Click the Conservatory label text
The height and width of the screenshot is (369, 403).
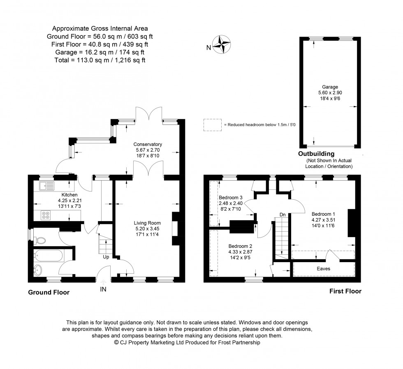tap(147, 144)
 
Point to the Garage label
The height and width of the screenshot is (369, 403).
tap(330, 87)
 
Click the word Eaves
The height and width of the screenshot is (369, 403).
tap(323, 269)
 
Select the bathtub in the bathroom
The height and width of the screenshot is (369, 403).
tap(49, 257)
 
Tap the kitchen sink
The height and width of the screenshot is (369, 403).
tap(47, 186)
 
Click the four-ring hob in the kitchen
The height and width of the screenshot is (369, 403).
tap(46, 214)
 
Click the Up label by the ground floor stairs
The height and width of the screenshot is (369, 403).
tap(106, 258)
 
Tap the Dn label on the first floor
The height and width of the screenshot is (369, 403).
tap(283, 214)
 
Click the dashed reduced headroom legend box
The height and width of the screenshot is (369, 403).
tap(212, 125)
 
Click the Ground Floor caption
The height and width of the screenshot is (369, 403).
tap(49, 293)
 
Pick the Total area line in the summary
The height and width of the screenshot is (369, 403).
tap(100, 60)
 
